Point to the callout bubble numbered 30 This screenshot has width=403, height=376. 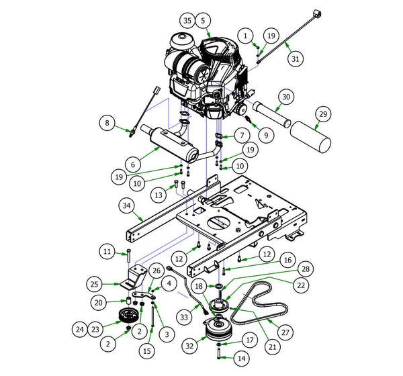click(x=285, y=98)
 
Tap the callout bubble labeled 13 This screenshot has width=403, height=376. click(x=159, y=195)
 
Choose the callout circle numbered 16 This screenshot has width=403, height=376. click(x=286, y=259)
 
